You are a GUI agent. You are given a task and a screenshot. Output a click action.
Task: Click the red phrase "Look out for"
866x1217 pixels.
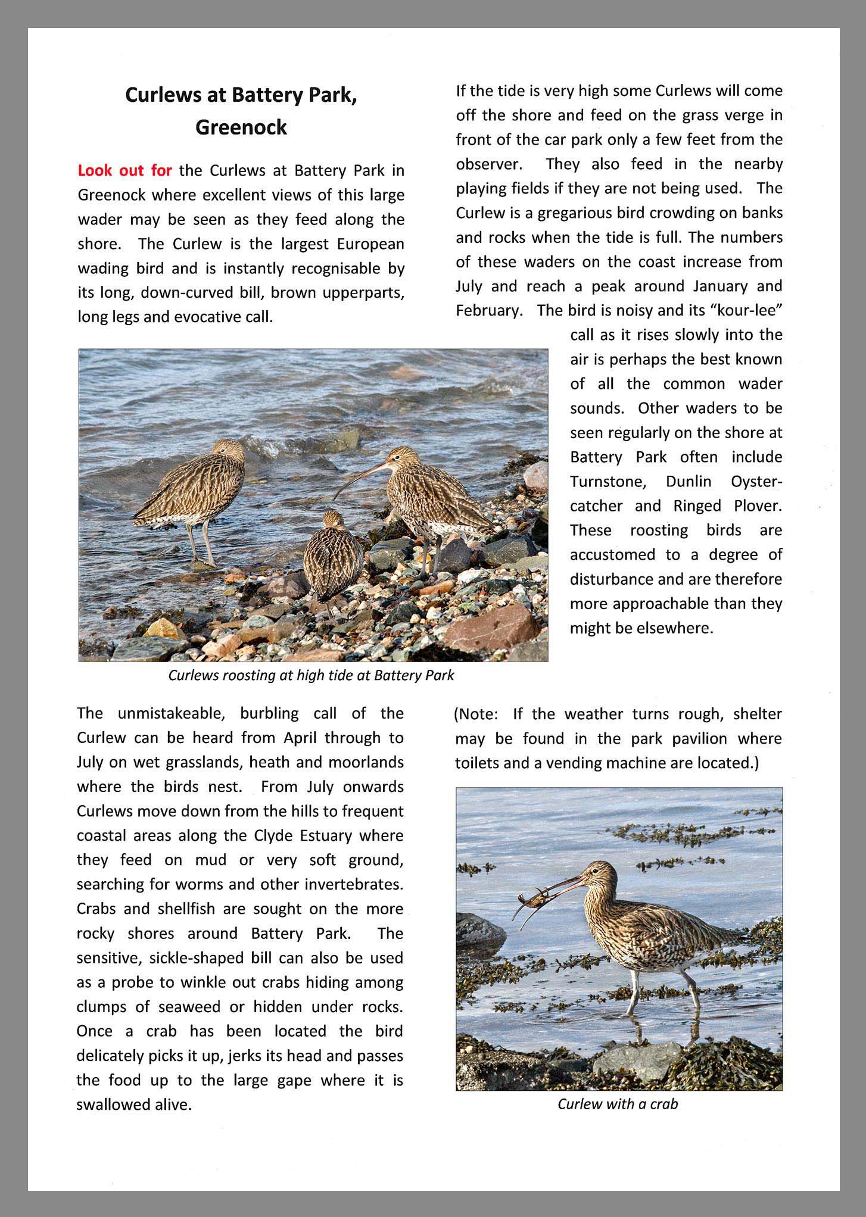click(x=124, y=171)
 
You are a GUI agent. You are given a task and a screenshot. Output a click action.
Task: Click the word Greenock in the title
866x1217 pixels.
click(x=241, y=127)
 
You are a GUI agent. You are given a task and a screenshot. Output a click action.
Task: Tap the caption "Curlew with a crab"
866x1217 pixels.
click(x=618, y=1104)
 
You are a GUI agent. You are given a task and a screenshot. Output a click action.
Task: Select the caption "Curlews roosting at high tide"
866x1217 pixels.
click(x=311, y=675)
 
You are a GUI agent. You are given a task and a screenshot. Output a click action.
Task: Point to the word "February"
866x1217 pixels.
click(x=485, y=310)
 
